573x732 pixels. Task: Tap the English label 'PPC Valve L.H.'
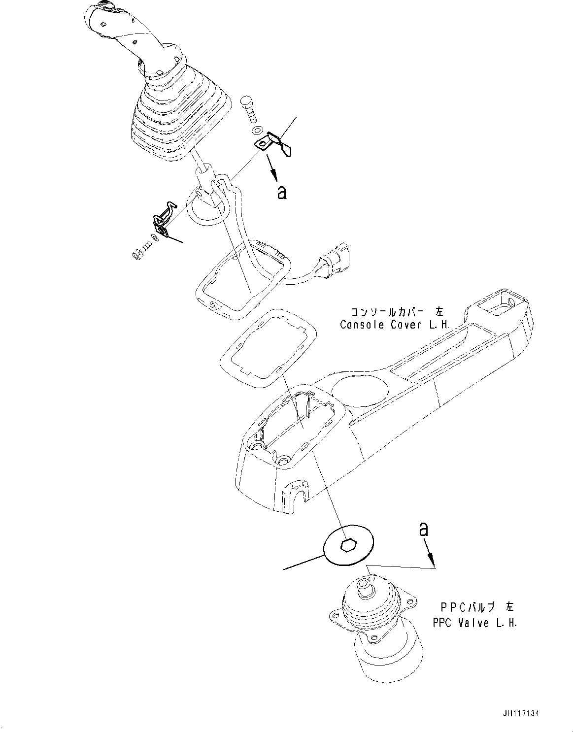point(475,623)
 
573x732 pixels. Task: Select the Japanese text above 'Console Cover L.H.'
point(397,312)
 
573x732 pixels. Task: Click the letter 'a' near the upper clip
point(281,192)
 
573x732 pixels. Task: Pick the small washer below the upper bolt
point(256,131)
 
